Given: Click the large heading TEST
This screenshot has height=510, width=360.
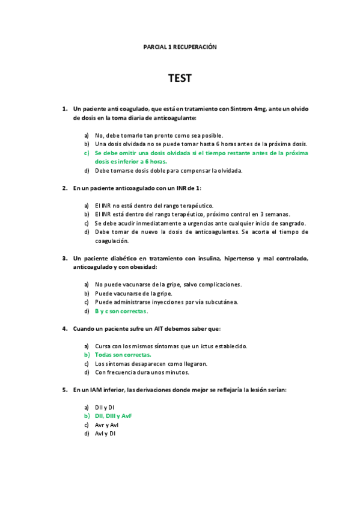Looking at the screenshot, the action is [x=180, y=79].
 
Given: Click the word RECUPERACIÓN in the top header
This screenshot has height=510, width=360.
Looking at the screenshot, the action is [x=195, y=46].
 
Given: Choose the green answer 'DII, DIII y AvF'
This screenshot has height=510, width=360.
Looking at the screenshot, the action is [x=114, y=416].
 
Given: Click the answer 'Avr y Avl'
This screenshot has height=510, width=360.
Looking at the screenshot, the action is [x=107, y=425].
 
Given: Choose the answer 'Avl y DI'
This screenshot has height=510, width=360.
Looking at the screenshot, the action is [x=105, y=433].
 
